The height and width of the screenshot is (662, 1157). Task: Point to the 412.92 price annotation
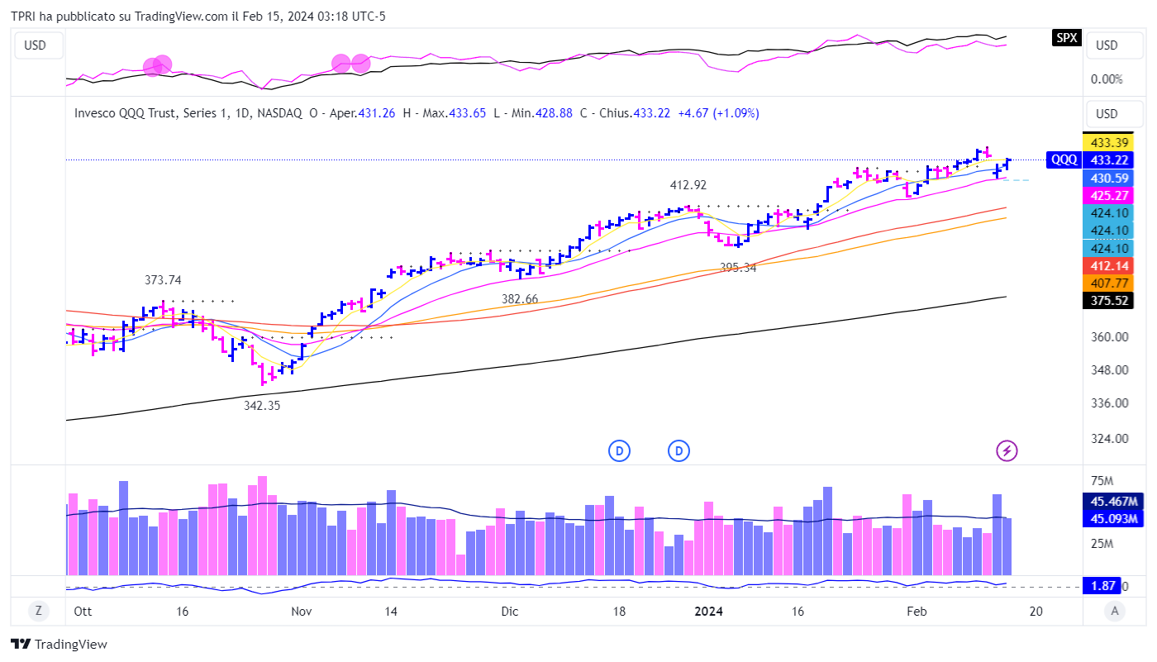coord(688,185)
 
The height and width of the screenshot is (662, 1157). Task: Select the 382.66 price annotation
coord(520,298)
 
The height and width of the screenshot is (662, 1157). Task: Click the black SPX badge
coord(1066,37)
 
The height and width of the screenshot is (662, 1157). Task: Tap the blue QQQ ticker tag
coord(1063,160)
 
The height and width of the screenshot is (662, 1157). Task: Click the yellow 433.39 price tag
coord(1109,142)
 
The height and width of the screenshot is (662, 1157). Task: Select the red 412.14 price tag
coord(1109,265)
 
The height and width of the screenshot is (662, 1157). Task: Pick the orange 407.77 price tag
coord(1109,283)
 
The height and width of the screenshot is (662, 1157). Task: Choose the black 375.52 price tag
coord(1109,301)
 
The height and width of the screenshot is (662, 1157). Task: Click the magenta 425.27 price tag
coord(1109,195)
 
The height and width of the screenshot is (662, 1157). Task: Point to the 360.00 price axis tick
coord(1109,337)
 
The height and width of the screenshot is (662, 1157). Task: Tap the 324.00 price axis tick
coord(1109,439)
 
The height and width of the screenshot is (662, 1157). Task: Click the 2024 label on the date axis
coord(709,612)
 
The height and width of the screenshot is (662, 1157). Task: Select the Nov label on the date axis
coord(302,612)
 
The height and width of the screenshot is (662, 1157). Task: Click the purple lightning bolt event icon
coord(1007,450)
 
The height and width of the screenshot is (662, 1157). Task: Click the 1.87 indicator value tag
coord(1102,585)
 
